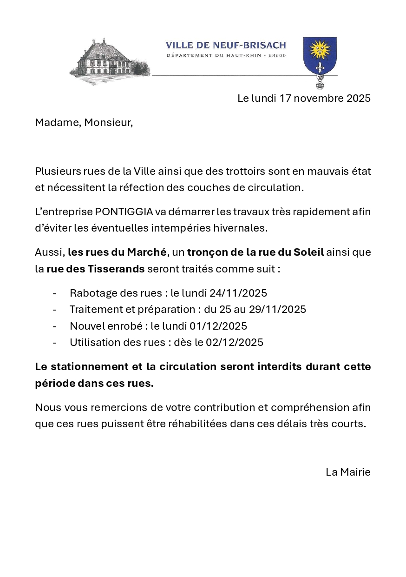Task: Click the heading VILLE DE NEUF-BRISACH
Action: pyautogui.click(x=226, y=45)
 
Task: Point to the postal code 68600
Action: pyautogui.click(x=277, y=56)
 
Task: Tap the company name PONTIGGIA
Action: pyautogui.click(x=124, y=212)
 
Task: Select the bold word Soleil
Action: pyautogui.click(x=308, y=252)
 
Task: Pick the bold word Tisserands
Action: pyautogui.click(x=116, y=269)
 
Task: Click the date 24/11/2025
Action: pyautogui.click(x=238, y=293)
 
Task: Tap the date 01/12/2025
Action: pyautogui.click(x=218, y=326)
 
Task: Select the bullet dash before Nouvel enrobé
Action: pyautogui.click(x=55, y=326)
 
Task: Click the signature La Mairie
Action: pyautogui.click(x=348, y=472)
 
